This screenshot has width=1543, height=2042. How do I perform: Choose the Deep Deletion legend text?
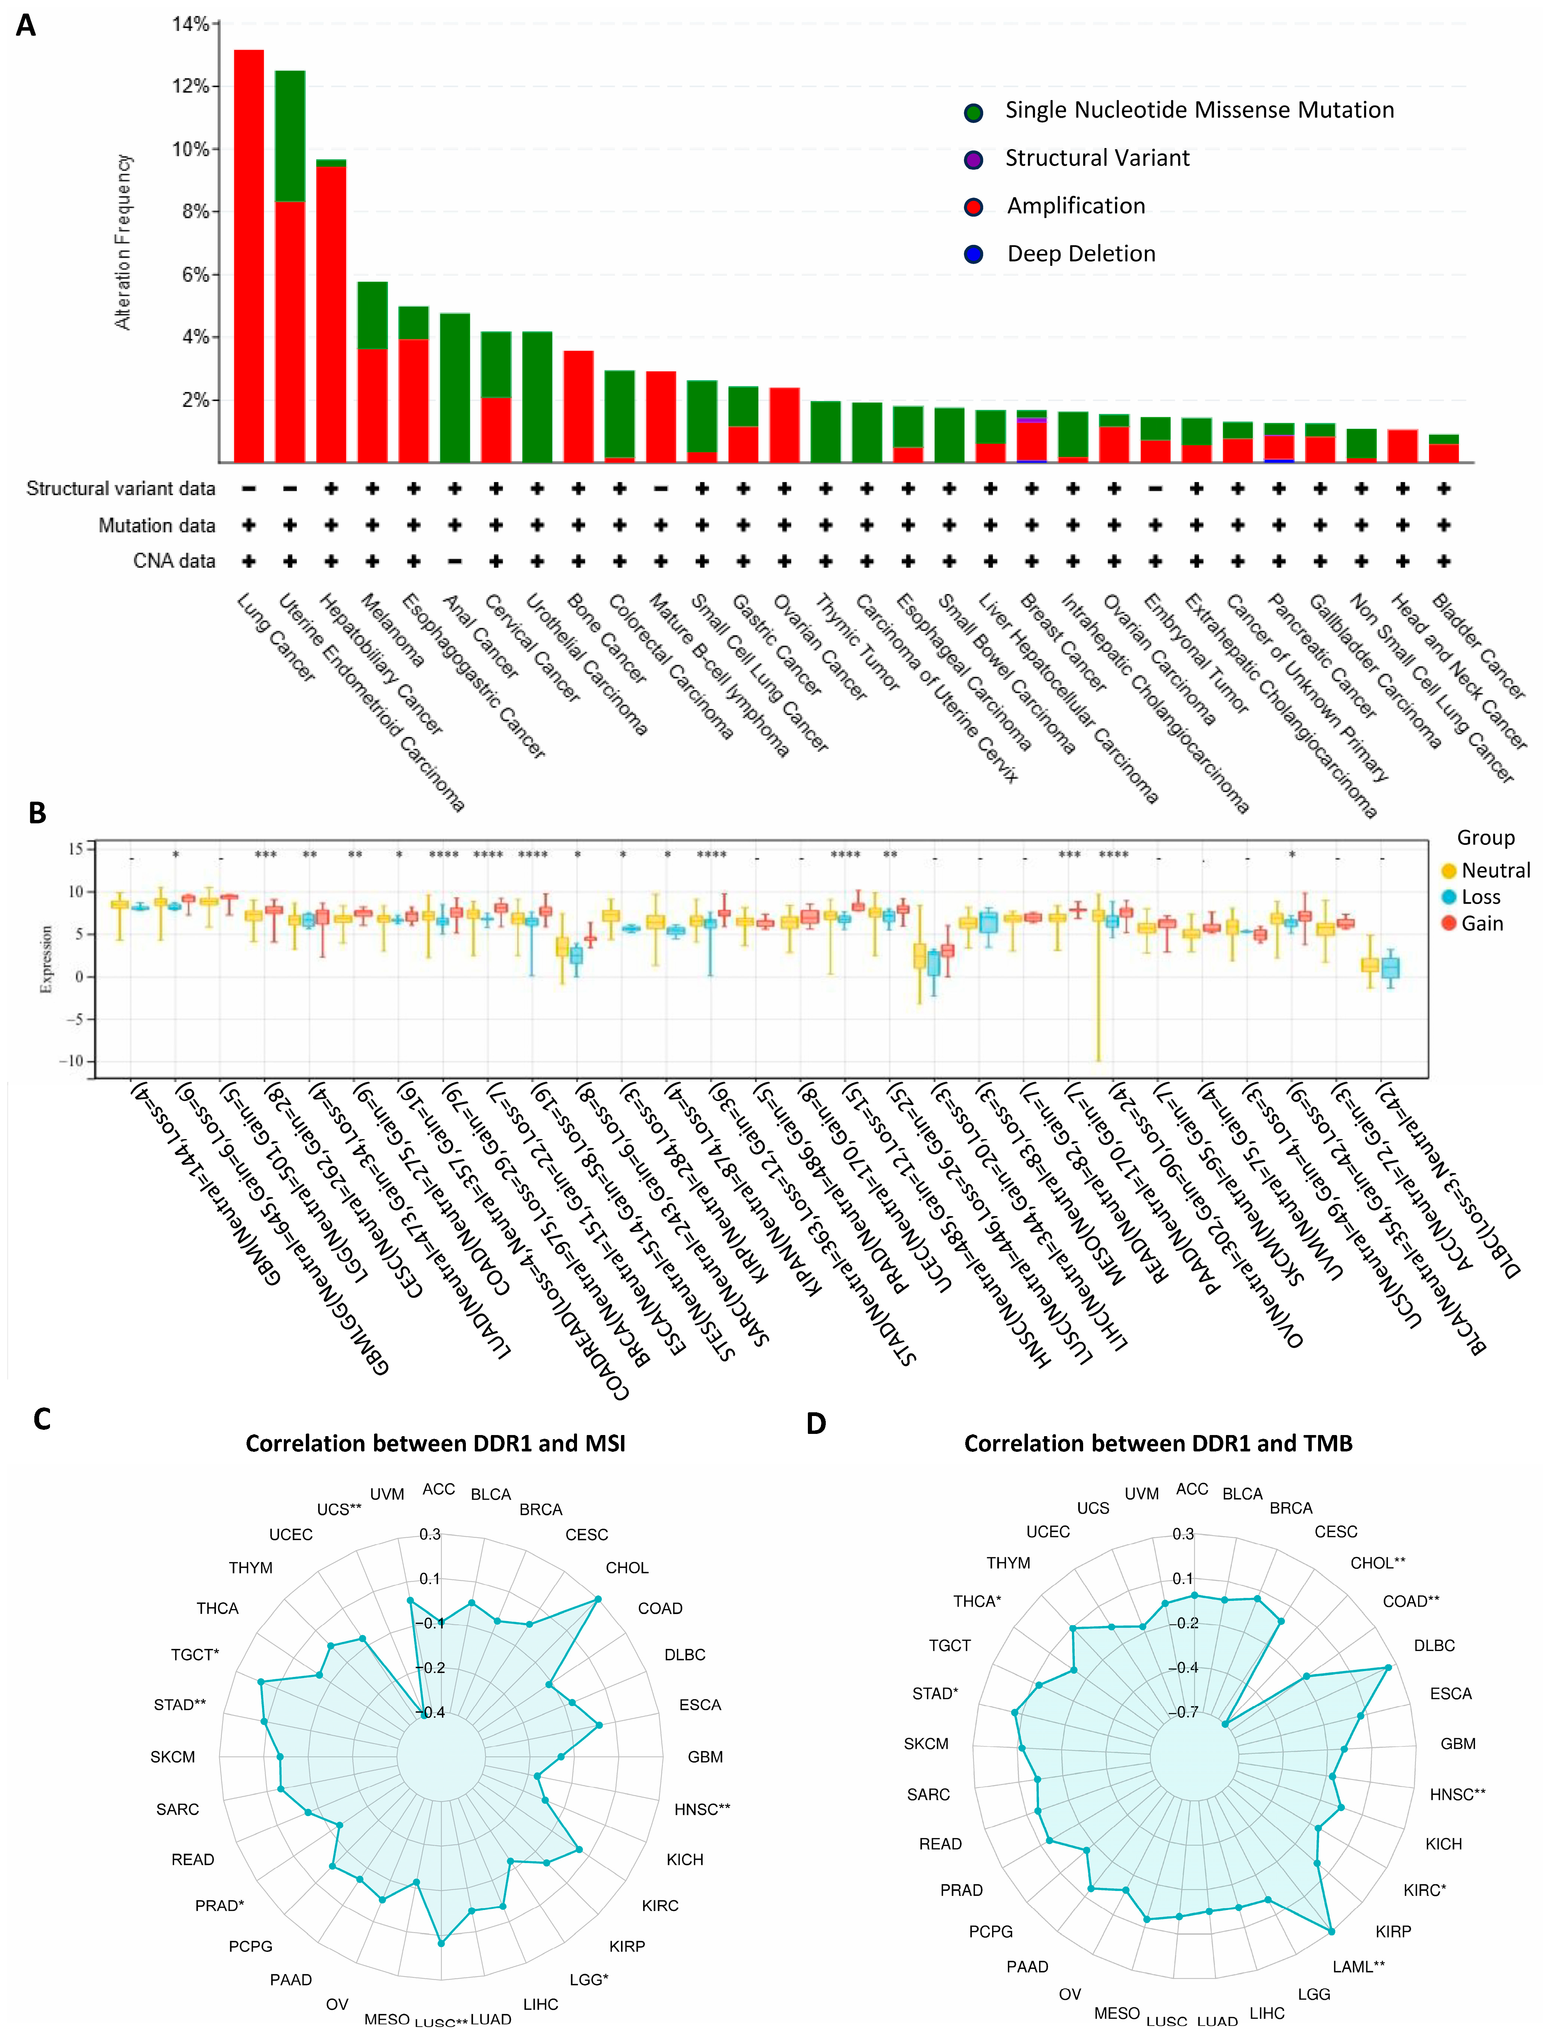1081,254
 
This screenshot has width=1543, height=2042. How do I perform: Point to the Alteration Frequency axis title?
123,242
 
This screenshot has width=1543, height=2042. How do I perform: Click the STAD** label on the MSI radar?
180,1704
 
